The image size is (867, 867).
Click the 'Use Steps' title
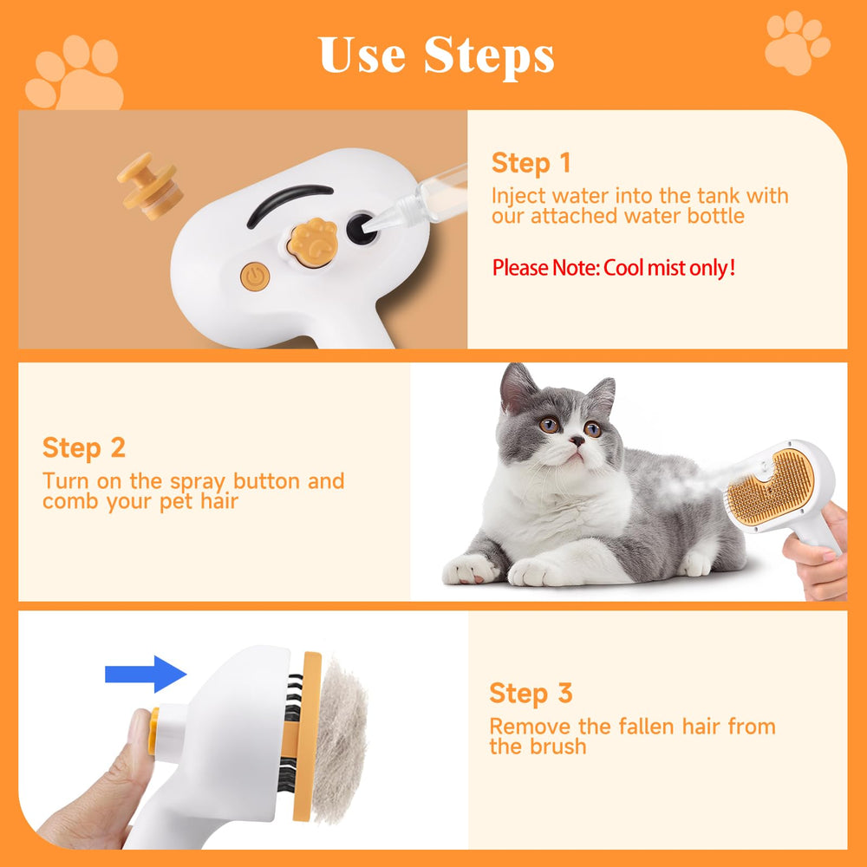[436, 55]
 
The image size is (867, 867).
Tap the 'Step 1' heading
[531, 163]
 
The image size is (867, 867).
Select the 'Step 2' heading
[84, 448]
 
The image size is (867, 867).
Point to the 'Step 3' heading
[531, 694]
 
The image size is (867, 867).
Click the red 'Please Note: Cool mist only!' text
[614, 268]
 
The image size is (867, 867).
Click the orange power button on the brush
[255, 277]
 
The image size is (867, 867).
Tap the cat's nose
[575, 441]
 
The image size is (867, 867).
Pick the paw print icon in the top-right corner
[797, 42]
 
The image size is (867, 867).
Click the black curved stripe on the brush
[288, 201]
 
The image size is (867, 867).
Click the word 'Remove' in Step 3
[529, 727]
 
